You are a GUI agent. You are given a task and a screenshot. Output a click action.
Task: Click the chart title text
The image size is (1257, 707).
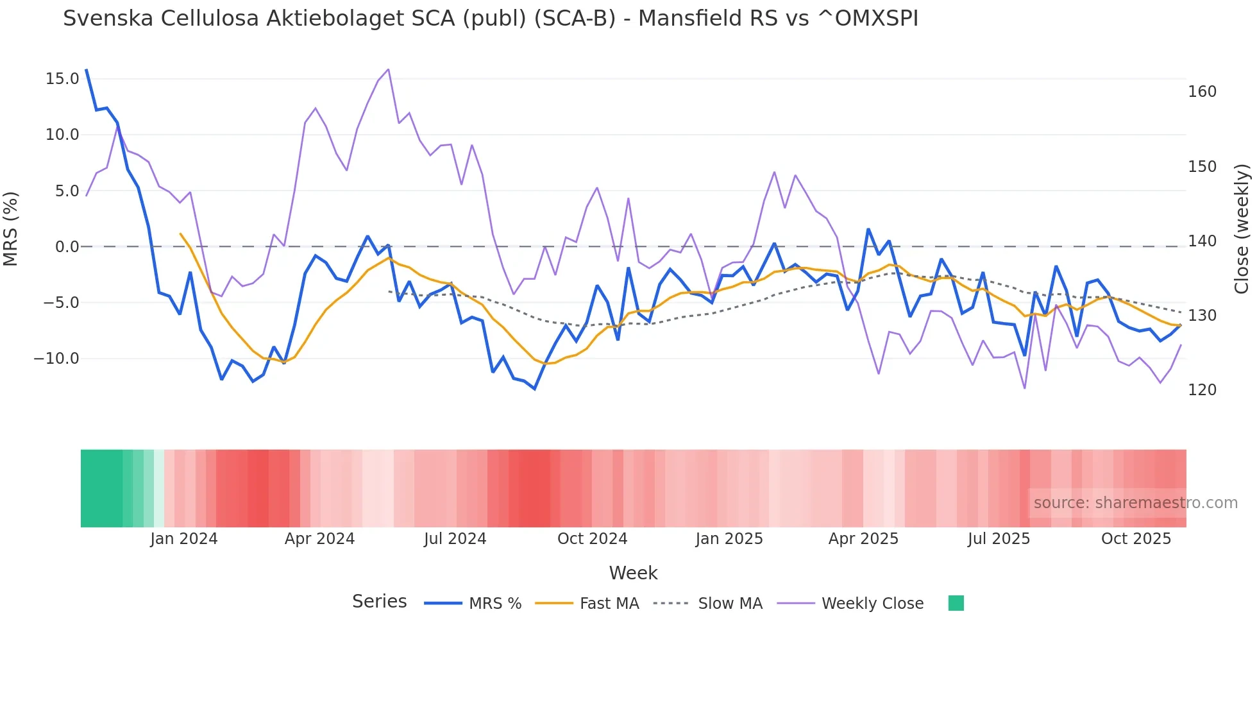click(490, 19)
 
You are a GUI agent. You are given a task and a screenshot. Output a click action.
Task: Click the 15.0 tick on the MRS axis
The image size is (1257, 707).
click(62, 79)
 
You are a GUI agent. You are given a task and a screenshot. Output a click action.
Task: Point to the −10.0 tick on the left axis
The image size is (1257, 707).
click(56, 359)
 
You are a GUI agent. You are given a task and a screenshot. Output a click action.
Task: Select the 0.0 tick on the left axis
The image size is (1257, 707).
click(67, 247)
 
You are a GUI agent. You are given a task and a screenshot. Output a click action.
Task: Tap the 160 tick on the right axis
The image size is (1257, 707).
click(1202, 92)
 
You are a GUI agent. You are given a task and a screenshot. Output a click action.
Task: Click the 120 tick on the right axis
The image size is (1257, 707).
click(1202, 390)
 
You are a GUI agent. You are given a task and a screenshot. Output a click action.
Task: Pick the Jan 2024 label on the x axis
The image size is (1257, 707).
click(183, 539)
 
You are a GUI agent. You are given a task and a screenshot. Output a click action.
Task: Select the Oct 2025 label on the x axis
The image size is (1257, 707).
click(1136, 539)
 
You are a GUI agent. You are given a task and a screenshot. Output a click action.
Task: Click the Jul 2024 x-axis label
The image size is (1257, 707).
click(455, 539)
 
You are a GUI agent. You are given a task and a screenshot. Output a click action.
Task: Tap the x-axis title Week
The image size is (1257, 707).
click(633, 573)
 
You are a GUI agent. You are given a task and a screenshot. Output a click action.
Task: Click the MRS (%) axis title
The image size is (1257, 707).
click(11, 229)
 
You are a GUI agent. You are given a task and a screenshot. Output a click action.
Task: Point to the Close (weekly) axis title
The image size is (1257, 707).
click(1242, 229)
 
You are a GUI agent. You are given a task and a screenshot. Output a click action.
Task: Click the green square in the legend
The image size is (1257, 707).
click(956, 603)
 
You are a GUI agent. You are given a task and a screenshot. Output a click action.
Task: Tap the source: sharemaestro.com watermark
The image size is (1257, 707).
click(1135, 503)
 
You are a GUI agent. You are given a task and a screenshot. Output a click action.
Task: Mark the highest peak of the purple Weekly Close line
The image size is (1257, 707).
click(388, 69)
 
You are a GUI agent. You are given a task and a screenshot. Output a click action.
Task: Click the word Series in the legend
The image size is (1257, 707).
click(379, 602)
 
